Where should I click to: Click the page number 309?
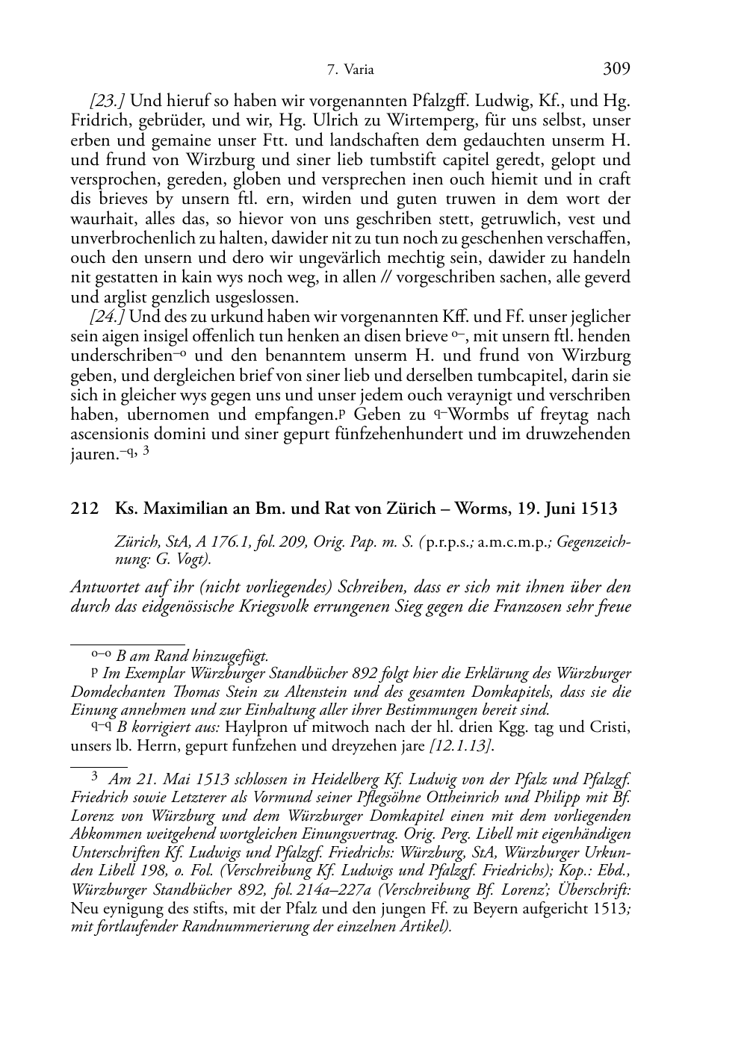tap(616, 69)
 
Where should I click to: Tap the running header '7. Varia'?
tap(350, 71)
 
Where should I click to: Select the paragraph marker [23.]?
tap(108, 101)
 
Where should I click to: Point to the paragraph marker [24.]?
tap(108, 317)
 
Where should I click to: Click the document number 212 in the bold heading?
tap(84, 509)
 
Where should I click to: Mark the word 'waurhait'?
tap(99, 218)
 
